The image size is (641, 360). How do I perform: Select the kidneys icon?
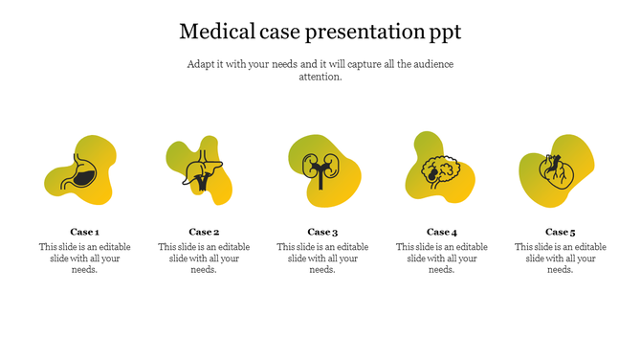pyautogui.click(x=320, y=169)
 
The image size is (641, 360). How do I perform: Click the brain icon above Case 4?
pyautogui.click(x=441, y=171)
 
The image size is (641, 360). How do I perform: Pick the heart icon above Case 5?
pyautogui.click(x=558, y=171)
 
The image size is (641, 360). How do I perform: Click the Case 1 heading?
pyautogui.click(x=84, y=232)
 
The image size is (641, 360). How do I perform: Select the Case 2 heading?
pyautogui.click(x=204, y=232)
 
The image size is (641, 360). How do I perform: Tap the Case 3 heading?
pyautogui.click(x=322, y=232)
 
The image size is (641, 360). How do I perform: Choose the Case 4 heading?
pyautogui.click(x=441, y=232)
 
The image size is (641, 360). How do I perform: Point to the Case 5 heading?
pyautogui.click(x=560, y=232)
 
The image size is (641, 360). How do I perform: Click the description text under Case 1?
pyautogui.click(x=84, y=258)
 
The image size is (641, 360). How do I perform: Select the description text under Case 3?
pyautogui.click(x=322, y=258)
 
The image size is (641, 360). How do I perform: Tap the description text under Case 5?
pyautogui.click(x=560, y=258)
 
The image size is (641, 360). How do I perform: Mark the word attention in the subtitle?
pyautogui.click(x=320, y=77)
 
